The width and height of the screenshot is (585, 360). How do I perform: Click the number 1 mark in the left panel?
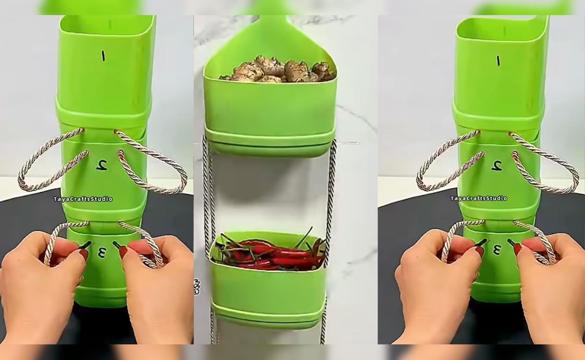[x=103, y=56]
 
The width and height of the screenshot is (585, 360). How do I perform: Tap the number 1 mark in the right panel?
[x=498, y=60]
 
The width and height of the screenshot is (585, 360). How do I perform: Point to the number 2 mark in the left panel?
[x=102, y=165]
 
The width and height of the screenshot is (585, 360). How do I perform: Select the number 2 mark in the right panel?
[x=497, y=165]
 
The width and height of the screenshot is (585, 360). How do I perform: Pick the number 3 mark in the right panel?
[x=497, y=250]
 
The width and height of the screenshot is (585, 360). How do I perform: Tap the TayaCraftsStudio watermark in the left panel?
[x=83, y=199]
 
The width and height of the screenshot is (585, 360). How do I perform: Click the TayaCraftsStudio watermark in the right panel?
[x=479, y=199]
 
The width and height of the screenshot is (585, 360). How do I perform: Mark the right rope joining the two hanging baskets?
[x=331, y=195]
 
